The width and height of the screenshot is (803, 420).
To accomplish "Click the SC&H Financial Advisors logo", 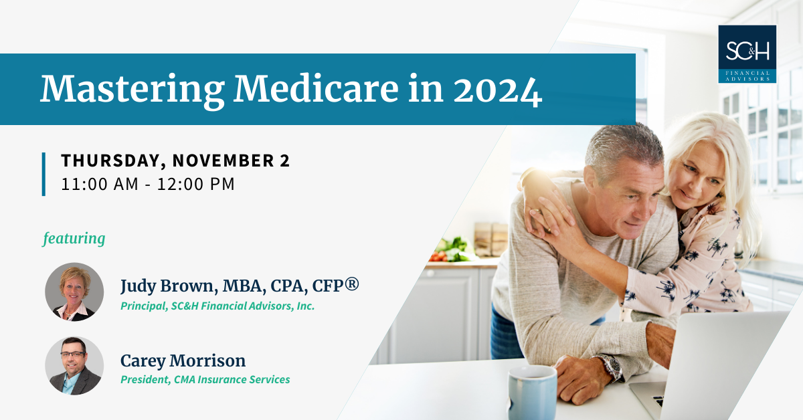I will tap(747, 54).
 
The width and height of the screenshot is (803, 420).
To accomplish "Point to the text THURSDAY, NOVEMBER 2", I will tap(175, 161).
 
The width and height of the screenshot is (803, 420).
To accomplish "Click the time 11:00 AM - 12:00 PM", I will tap(148, 184).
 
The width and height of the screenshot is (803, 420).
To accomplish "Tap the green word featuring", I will tap(74, 238).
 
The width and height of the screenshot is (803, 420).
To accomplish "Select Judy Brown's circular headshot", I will tap(74, 292).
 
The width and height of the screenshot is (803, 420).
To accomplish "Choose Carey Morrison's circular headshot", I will tap(74, 366).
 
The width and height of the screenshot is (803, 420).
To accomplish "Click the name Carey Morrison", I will tap(183, 361).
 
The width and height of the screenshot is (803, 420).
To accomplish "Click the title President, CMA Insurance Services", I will tap(205, 380).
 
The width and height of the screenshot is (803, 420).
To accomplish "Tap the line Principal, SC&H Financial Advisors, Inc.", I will tap(217, 306).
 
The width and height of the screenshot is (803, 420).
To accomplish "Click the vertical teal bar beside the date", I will tap(43, 173).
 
